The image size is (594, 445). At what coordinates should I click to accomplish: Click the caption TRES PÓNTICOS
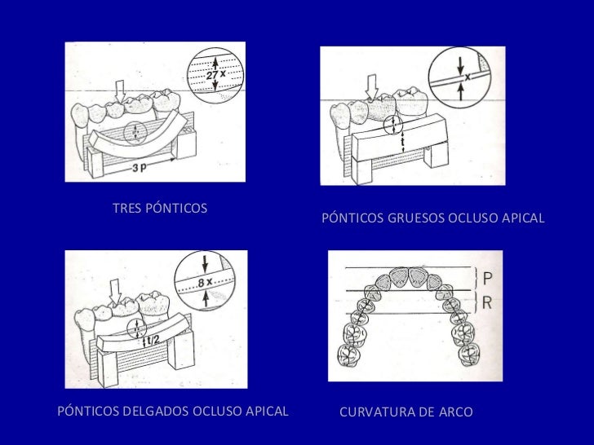click(x=159, y=208)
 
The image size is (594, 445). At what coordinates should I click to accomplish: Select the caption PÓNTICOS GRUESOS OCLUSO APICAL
click(x=432, y=219)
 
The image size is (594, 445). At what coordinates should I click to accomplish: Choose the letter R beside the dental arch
click(x=487, y=302)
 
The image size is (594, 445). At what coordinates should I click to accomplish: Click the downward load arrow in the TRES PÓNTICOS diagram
click(x=119, y=89)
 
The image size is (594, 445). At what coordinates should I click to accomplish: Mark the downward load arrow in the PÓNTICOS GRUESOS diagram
click(x=374, y=86)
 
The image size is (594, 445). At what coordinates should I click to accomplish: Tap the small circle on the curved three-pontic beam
click(x=135, y=130)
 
